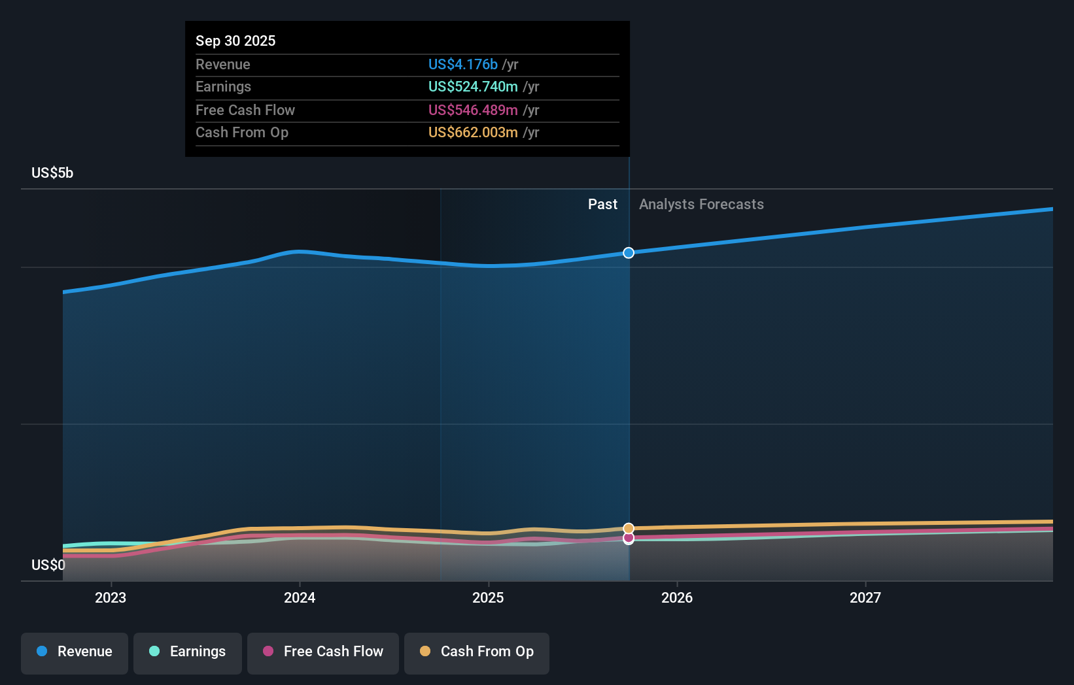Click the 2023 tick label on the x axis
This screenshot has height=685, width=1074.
click(x=111, y=597)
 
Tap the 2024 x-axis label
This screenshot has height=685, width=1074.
click(x=300, y=597)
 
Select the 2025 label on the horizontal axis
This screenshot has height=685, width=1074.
click(x=488, y=597)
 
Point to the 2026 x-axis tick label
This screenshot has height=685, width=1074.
click(x=677, y=597)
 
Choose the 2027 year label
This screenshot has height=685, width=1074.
click(x=865, y=597)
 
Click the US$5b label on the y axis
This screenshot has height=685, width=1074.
click(x=52, y=173)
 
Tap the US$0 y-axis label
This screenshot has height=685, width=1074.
click(x=48, y=565)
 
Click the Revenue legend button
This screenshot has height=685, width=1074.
click(x=75, y=652)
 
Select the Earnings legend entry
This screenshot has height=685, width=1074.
click(x=188, y=652)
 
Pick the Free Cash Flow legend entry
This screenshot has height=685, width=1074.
click(x=323, y=652)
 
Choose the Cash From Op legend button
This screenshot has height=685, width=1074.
click(x=477, y=652)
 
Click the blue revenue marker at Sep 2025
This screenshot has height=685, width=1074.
click(x=629, y=253)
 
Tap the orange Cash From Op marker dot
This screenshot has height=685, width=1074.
click(x=629, y=528)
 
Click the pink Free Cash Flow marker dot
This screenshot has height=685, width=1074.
click(x=629, y=539)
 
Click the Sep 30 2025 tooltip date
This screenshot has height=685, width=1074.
click(x=235, y=41)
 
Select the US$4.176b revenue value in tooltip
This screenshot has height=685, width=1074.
click(x=463, y=65)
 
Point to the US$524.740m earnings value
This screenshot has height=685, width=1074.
click(x=473, y=87)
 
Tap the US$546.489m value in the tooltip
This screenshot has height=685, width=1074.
click(x=473, y=110)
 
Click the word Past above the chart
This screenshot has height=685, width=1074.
click(x=602, y=205)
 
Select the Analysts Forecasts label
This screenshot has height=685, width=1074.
click(x=701, y=205)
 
